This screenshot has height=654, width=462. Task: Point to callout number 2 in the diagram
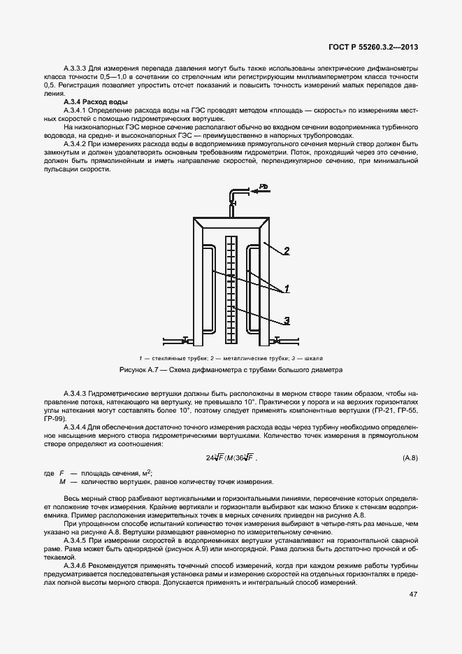287,250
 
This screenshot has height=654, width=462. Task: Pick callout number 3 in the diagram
287,321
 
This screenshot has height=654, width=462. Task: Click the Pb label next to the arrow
264,186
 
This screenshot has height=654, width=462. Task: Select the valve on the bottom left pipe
185,341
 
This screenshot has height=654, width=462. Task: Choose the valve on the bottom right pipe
277,341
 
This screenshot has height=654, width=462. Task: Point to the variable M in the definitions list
62,482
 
